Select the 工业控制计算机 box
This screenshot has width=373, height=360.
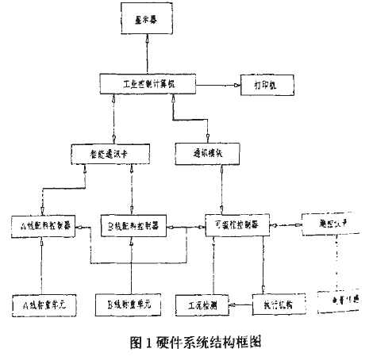click(148, 83)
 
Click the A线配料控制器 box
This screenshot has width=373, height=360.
click(47, 224)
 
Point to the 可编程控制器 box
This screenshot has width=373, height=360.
click(237, 224)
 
